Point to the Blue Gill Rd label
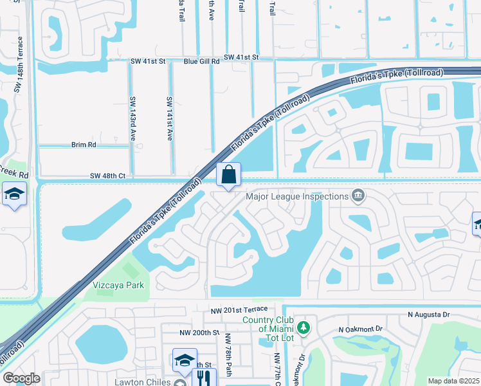201,62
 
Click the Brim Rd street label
84,145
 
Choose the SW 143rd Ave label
134,119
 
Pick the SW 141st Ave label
170,119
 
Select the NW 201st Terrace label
242,311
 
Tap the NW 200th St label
199,333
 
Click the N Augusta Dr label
430,315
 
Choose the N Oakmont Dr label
360,329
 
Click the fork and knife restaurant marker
203,376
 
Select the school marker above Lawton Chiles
185,360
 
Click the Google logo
22,378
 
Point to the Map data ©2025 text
453,381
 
